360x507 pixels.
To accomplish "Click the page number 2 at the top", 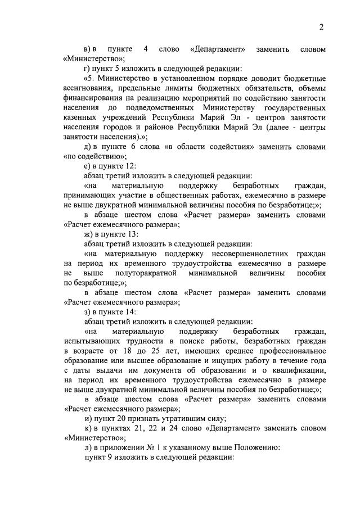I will (322, 27).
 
